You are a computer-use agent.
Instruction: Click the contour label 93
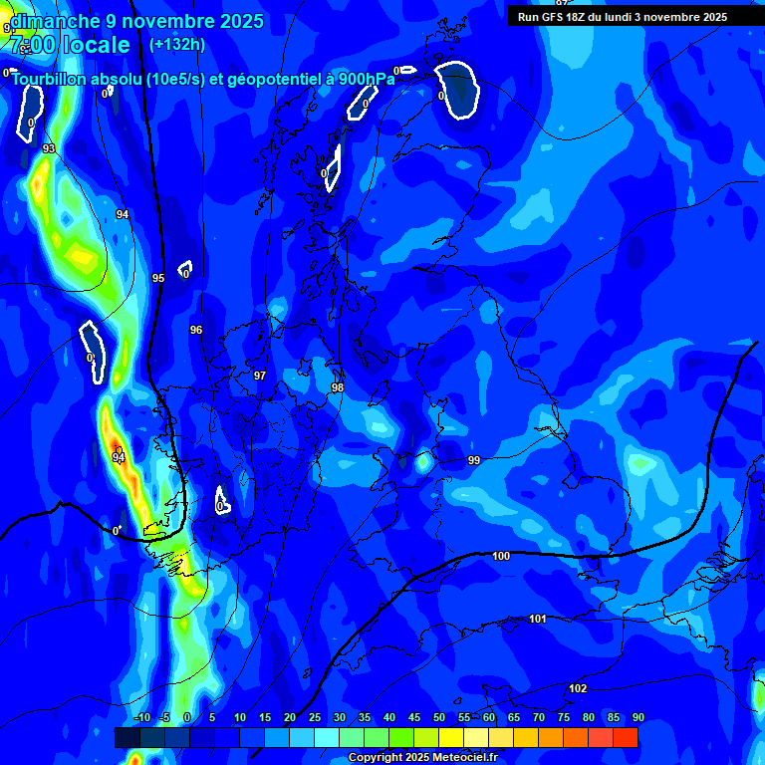pos(49,149)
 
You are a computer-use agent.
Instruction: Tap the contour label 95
pos(157,278)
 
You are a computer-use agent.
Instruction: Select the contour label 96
pos(196,330)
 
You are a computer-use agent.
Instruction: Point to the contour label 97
pos(259,376)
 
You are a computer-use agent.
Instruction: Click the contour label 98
pos(338,387)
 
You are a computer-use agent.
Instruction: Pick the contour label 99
pos(474,460)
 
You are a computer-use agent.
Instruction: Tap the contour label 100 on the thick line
pos(501,556)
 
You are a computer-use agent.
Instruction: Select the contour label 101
pos(538,619)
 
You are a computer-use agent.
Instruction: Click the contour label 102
pos(578,688)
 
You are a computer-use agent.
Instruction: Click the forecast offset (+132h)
pos(177,44)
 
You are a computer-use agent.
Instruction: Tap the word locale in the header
pos(96,45)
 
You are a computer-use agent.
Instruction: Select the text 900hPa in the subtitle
pos(366,80)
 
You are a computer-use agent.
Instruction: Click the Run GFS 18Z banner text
pos(622,17)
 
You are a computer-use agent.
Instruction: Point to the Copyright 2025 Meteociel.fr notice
pos(422,758)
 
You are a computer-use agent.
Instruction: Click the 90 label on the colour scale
pos(637,717)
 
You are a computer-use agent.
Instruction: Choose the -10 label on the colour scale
pos(141,717)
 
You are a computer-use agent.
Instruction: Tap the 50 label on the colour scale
pos(439,717)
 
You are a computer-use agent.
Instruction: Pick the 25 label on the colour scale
pos(315,717)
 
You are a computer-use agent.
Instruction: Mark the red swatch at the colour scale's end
pos(626,737)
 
